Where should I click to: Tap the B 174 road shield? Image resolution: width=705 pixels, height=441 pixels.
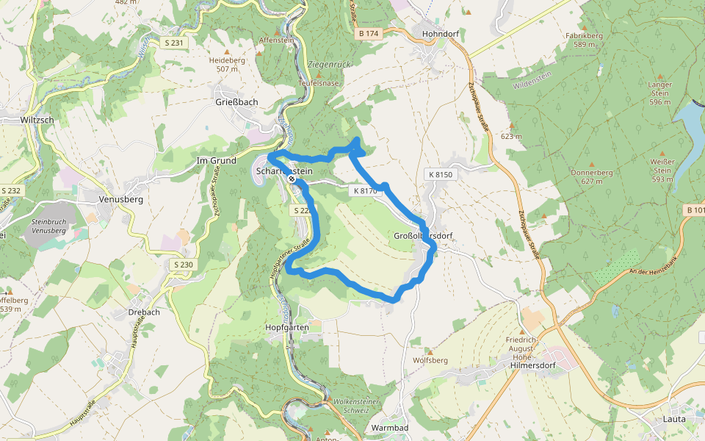(369, 34)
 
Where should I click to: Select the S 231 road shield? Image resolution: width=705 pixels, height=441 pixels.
(174, 43)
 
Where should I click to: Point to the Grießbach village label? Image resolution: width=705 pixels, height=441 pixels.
(236, 102)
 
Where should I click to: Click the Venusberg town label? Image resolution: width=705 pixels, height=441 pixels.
(120, 198)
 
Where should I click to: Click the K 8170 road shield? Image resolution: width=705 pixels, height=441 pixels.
(364, 190)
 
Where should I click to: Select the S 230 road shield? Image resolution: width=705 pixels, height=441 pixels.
(185, 264)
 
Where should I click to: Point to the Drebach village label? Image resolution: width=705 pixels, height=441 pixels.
(143, 312)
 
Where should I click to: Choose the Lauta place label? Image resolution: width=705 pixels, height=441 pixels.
(673, 419)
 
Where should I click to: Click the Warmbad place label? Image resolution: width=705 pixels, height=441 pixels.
(390, 427)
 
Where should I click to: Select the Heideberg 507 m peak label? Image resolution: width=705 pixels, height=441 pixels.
(227, 65)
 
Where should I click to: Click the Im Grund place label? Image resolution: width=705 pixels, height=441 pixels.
(217, 160)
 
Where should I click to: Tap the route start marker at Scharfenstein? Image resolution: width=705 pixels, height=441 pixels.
(292, 179)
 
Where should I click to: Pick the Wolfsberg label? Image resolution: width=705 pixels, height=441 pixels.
(430, 360)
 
